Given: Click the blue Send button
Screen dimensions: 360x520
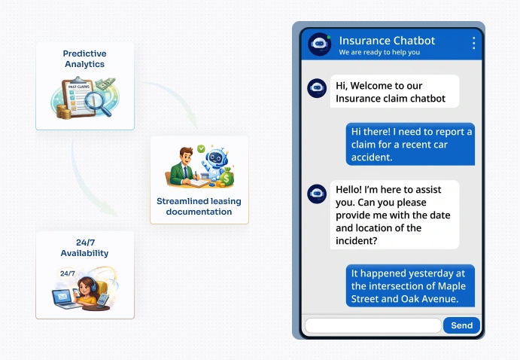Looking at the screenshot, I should [x=461, y=325].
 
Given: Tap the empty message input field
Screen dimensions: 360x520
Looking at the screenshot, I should [x=373, y=325].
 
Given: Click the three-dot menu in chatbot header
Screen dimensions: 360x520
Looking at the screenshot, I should [x=473, y=43].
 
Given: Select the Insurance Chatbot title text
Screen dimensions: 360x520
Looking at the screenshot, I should [x=387, y=40].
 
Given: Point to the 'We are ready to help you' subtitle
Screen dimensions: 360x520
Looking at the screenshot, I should [x=379, y=53].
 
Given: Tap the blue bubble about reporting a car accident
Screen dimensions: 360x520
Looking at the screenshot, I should [x=411, y=144].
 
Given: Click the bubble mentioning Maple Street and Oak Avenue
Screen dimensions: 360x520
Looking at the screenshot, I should [x=411, y=285].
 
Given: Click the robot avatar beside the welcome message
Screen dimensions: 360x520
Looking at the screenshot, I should [x=317, y=87].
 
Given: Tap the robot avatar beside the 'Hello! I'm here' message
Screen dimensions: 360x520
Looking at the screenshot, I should [x=317, y=194].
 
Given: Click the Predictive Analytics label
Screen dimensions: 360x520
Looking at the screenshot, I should [x=84, y=59].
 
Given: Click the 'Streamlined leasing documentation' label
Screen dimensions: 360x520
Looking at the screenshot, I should [x=199, y=206].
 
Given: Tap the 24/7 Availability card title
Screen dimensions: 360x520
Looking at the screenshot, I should [x=84, y=248].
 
